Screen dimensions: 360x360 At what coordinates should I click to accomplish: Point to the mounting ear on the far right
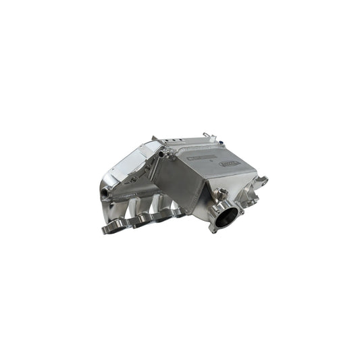[x=261, y=180]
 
